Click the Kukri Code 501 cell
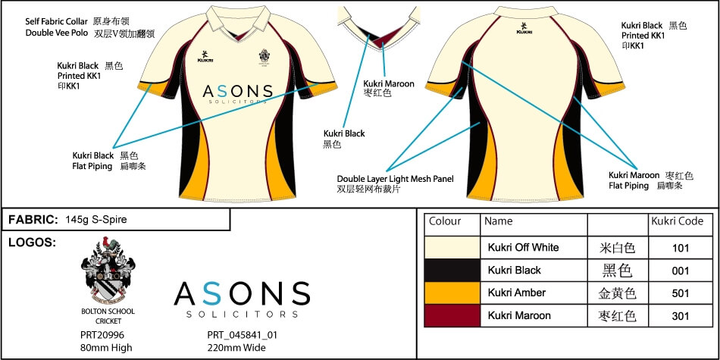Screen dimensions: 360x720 [680, 293]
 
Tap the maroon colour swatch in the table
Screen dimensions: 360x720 [452, 315]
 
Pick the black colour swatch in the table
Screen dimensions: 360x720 [452, 270]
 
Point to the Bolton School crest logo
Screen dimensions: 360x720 [108, 273]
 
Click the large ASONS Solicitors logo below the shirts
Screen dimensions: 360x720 [242, 299]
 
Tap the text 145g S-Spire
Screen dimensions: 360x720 [96, 220]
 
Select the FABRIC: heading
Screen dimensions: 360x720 [33, 220]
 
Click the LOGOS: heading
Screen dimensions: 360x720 [30, 243]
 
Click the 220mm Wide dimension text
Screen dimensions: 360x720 [236, 348]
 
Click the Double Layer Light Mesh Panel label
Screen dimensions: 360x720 [396, 179]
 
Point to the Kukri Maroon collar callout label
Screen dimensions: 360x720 [389, 83]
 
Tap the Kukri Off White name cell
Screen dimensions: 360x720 [524, 247]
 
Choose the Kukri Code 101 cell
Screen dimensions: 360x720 [680, 247]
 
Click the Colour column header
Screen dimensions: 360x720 [445, 222]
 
